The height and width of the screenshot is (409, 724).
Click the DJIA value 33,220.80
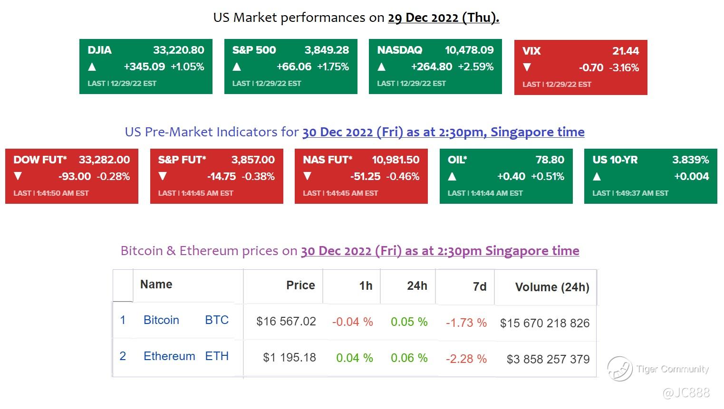click(x=178, y=50)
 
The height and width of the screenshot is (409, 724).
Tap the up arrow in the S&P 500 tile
click(x=237, y=67)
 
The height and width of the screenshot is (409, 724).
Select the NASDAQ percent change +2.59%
click(x=476, y=67)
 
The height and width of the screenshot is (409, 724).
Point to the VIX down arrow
click(x=527, y=68)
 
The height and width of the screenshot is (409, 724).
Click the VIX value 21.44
click(x=626, y=51)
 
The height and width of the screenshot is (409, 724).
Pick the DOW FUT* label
click(x=40, y=160)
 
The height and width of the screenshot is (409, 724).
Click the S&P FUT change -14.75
click(x=222, y=177)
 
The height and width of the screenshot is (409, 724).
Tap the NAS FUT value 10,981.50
click(x=396, y=160)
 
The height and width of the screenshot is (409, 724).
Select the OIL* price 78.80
click(x=550, y=160)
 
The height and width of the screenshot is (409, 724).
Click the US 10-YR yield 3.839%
click(x=690, y=160)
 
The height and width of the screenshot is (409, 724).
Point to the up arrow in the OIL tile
click(x=452, y=177)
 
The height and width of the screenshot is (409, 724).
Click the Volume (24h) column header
click(x=552, y=287)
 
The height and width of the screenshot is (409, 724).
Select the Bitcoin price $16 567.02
click(x=286, y=322)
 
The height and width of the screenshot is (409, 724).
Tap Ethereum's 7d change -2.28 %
click(x=466, y=359)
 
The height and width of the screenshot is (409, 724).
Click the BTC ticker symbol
click(x=217, y=320)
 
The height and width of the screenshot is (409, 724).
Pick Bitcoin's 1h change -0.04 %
click(x=352, y=322)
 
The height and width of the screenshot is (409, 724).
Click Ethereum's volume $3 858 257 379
click(x=548, y=359)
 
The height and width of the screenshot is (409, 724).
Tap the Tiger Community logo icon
click(x=620, y=369)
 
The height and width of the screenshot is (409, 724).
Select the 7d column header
click(x=479, y=286)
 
